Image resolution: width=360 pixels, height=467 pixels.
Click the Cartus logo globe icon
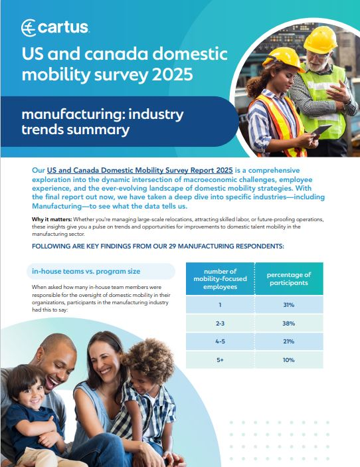pos(29,28)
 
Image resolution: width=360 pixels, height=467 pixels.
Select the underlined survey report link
pos(140,170)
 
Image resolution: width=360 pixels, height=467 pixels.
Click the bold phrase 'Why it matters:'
pos(52,219)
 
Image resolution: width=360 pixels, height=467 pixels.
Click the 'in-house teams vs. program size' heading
pos(86,271)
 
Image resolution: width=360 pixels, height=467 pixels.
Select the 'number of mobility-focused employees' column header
pos(220,279)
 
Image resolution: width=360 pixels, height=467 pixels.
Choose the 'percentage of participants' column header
pos(288,279)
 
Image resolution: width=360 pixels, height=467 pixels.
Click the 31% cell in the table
pos(288,305)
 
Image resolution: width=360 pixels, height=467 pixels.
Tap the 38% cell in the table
pos(288,323)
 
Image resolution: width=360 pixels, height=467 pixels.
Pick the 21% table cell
pos(288,341)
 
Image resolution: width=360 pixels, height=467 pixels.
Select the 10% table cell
pos(288,360)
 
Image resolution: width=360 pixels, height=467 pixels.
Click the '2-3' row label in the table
pos(220,323)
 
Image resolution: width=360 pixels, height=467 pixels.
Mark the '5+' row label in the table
pos(220,360)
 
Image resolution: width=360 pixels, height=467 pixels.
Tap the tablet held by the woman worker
pos(321,130)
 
